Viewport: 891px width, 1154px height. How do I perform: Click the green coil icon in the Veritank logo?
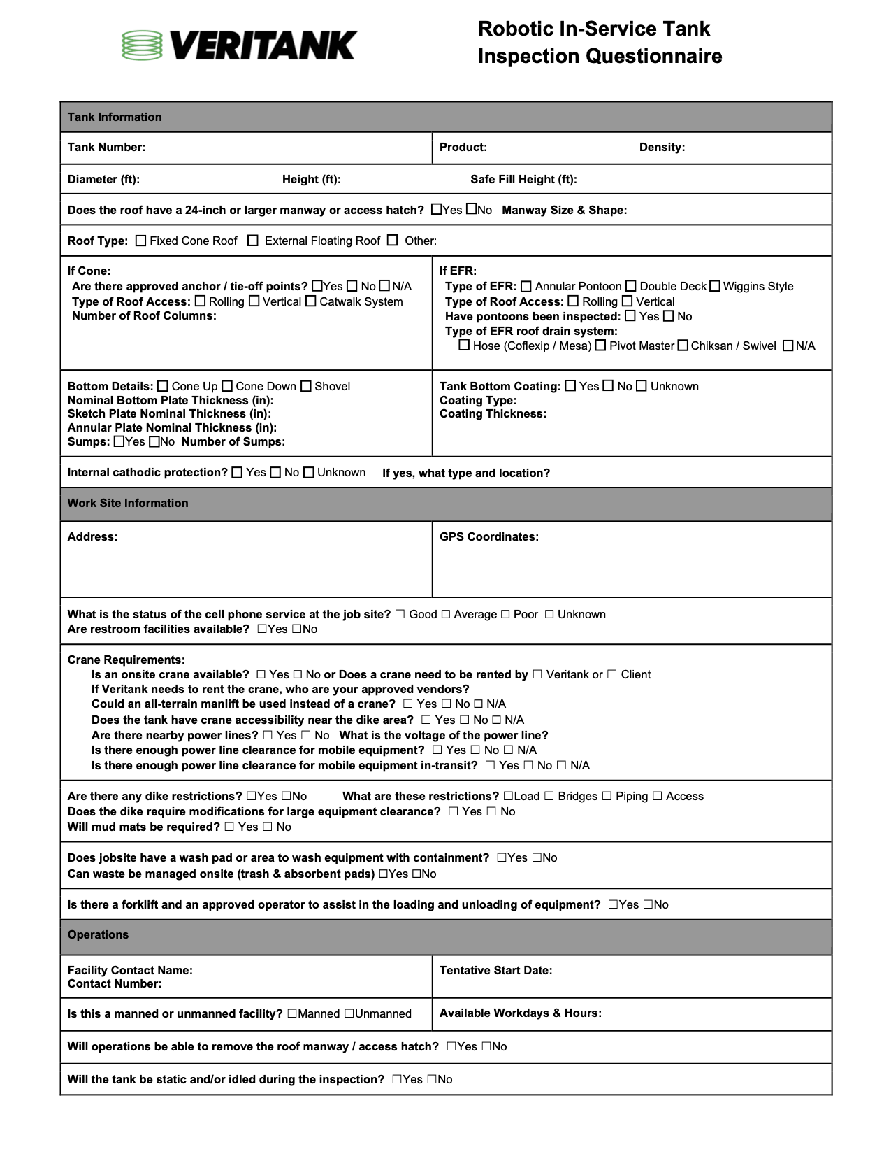pyautogui.click(x=142, y=45)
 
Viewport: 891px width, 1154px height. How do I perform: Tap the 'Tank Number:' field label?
pyautogui.click(x=106, y=147)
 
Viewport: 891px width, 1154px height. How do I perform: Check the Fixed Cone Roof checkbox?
pyautogui.click(x=141, y=241)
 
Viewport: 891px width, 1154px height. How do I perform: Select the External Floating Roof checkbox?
pyautogui.click(x=253, y=241)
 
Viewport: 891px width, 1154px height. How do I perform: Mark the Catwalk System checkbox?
pyautogui.click(x=311, y=301)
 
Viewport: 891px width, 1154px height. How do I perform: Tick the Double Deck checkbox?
pyautogui.click(x=631, y=286)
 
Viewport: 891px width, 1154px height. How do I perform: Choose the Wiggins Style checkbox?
pyautogui.click(x=715, y=286)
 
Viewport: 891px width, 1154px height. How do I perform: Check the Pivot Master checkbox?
pyautogui.click(x=600, y=346)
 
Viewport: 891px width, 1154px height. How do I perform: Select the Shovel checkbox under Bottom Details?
pyautogui.click(x=306, y=386)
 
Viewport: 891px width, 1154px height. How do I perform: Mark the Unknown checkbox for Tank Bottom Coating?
pyautogui.click(x=642, y=386)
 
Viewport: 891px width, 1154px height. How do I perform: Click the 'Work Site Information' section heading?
pyautogui.click(x=128, y=503)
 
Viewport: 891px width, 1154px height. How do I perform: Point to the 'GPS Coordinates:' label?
pyautogui.click(x=489, y=536)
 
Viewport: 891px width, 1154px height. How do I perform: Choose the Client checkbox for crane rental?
pyautogui.click(x=612, y=674)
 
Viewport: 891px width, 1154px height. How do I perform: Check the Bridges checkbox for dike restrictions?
pyautogui.click(x=549, y=796)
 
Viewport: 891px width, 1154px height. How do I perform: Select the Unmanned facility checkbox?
pyautogui.click(x=349, y=1013)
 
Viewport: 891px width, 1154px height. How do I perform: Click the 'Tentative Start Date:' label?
pyautogui.click(x=495, y=970)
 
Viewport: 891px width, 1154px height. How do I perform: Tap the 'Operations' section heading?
pyautogui.click(x=98, y=934)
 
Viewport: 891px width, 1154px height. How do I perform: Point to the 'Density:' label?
pyautogui.click(x=662, y=147)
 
